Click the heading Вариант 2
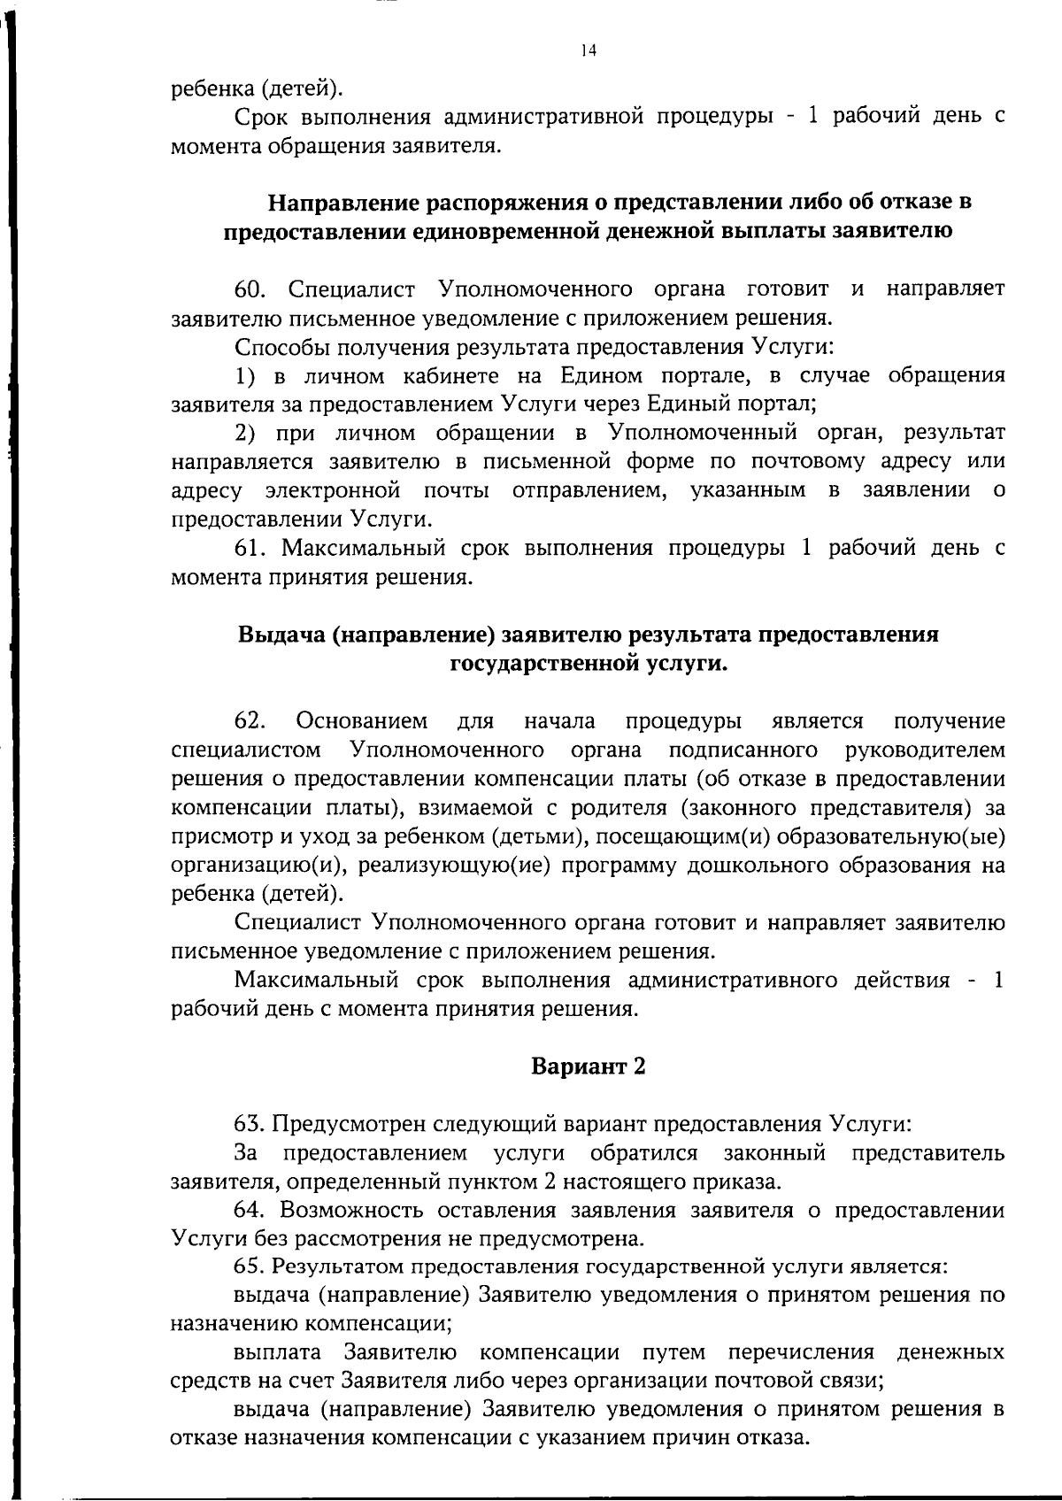click(589, 1066)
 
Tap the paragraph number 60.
click(250, 289)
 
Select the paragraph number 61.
click(250, 549)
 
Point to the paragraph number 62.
click(250, 721)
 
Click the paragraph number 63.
click(250, 1125)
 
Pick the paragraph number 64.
click(250, 1210)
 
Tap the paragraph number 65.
click(250, 1266)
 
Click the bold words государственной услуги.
click(589, 664)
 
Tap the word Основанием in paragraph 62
click(362, 721)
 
